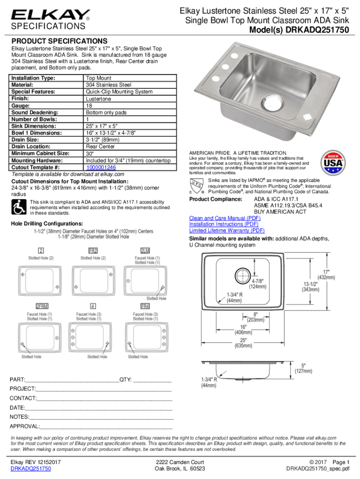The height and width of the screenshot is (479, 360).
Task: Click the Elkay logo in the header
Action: (x=50, y=16)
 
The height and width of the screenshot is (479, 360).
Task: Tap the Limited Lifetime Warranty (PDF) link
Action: (x=227, y=230)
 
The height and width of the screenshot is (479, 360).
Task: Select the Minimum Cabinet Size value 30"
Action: (x=89, y=153)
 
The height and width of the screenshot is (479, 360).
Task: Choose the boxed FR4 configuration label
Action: (x=145, y=306)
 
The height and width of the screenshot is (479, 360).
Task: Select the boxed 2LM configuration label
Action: (x=145, y=250)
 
